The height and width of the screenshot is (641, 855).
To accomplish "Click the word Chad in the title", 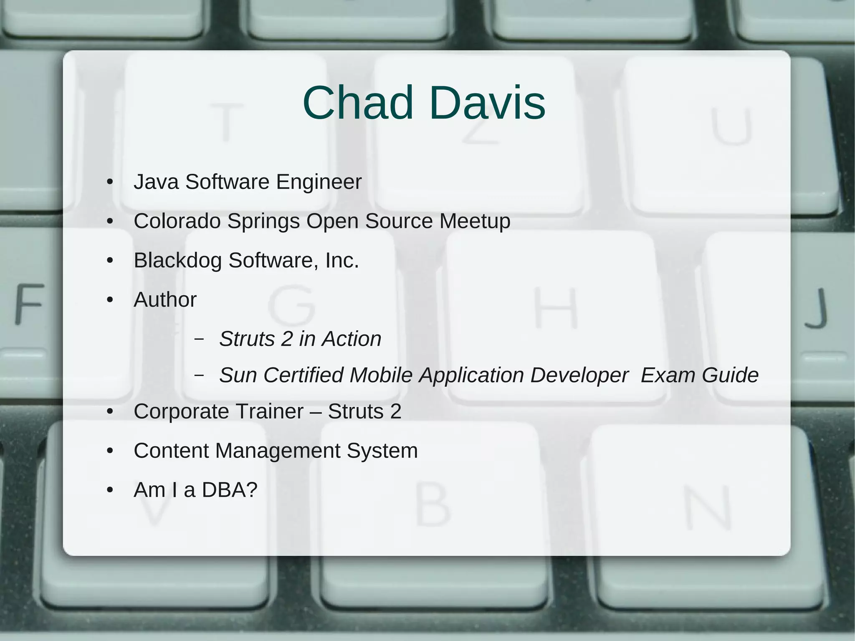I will [x=357, y=103].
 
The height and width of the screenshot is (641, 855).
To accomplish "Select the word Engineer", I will [x=319, y=182].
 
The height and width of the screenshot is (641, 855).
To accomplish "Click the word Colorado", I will [x=177, y=221].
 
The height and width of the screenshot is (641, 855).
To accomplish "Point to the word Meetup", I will [x=475, y=221].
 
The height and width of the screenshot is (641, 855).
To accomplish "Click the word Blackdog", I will [x=177, y=261].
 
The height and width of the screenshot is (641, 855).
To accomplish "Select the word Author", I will [x=165, y=300].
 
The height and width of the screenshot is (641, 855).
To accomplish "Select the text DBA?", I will [x=230, y=490].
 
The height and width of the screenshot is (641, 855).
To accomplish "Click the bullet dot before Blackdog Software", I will [x=110, y=261].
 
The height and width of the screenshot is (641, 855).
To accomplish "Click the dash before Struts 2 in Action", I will [x=199, y=339].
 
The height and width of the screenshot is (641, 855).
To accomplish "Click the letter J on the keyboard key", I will [x=816, y=308].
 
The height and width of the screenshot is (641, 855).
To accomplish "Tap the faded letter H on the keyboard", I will [x=556, y=308].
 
